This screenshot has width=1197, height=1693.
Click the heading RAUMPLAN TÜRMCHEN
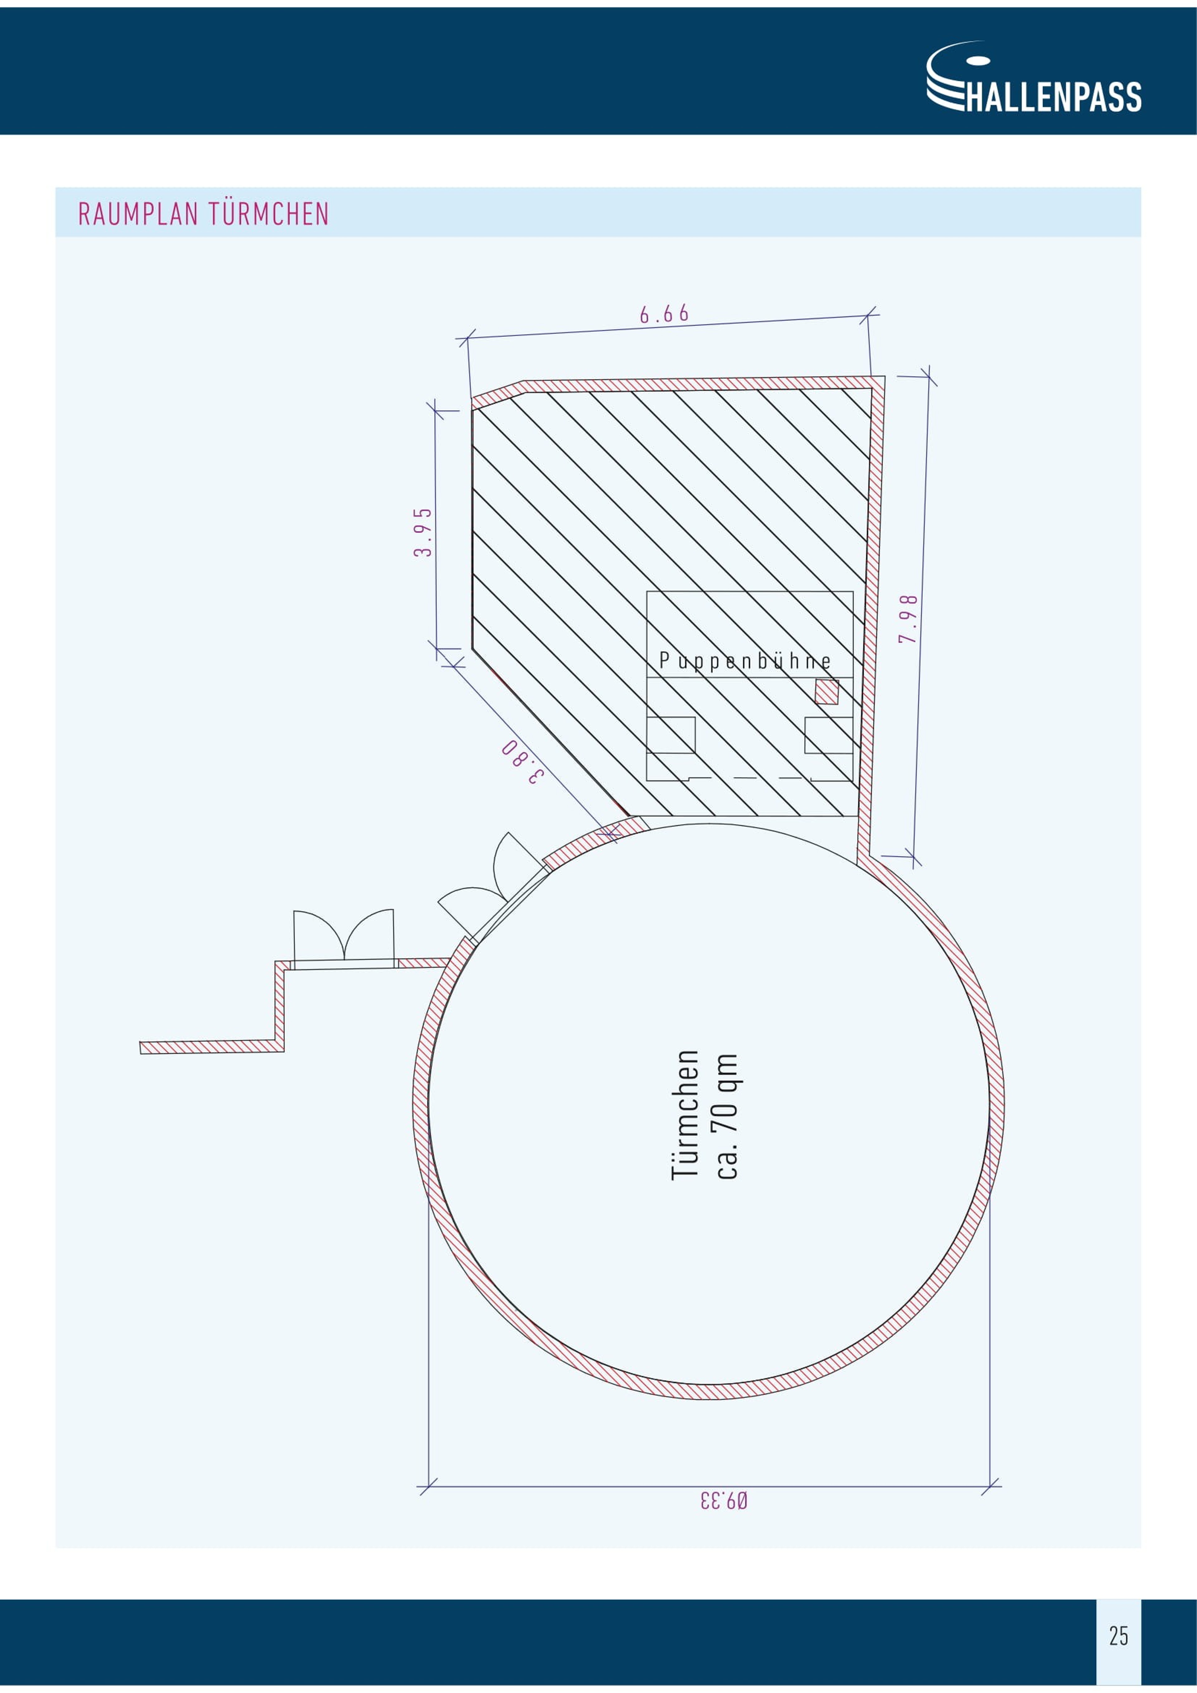(204, 214)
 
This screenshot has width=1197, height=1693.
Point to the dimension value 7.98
(908, 619)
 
